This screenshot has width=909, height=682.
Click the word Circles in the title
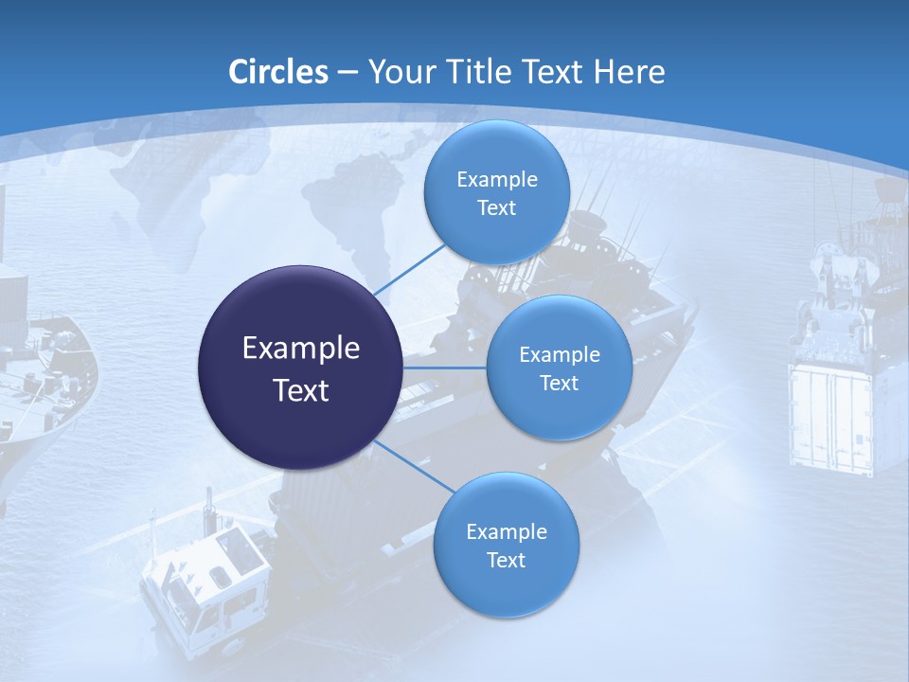(x=278, y=72)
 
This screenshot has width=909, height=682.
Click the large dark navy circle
(x=301, y=368)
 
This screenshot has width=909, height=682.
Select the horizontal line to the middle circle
(x=445, y=368)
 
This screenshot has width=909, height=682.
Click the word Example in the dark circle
(x=301, y=349)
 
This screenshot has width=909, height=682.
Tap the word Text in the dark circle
(x=301, y=390)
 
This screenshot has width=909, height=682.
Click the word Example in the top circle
(x=497, y=179)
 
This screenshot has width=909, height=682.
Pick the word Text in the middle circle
(x=559, y=384)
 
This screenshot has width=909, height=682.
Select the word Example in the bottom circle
(x=507, y=531)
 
